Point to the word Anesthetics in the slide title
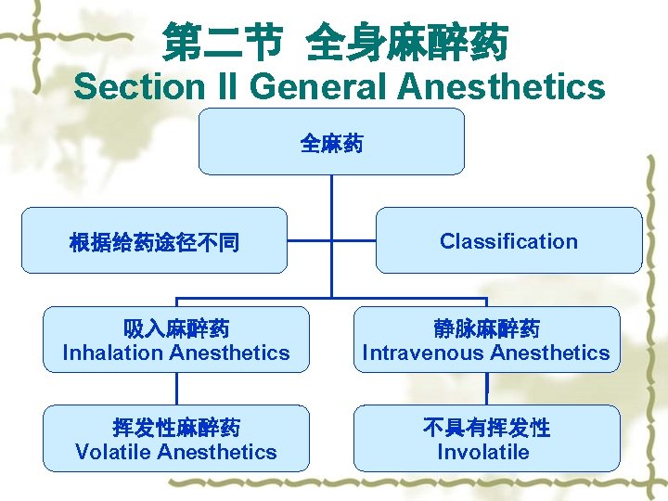coord(501,87)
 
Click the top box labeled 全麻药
coord(331,143)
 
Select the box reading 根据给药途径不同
coord(154,243)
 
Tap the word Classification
coord(508,241)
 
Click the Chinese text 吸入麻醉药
coord(176,329)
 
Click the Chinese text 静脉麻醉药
coord(486,329)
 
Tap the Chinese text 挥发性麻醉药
coord(176,428)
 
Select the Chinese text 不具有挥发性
coord(486,428)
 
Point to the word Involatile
coord(483,453)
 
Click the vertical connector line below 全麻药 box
coord(331,232)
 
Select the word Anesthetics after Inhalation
coord(231,353)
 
